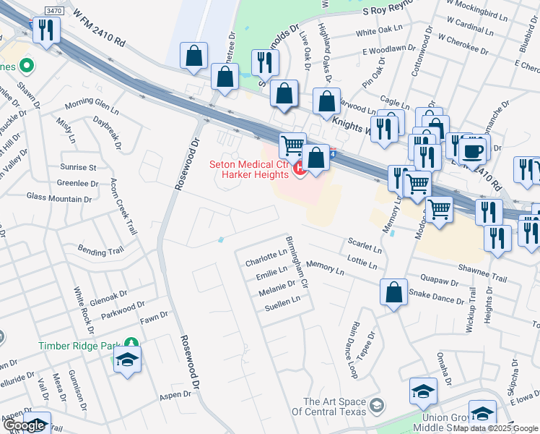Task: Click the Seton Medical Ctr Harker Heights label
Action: [x=248, y=169]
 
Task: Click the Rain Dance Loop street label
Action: [x=353, y=351]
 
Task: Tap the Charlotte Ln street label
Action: [x=266, y=258]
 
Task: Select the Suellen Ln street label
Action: [x=282, y=302]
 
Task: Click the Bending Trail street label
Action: [x=101, y=252]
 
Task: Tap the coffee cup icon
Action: [x=474, y=151]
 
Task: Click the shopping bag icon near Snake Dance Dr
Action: [x=393, y=293]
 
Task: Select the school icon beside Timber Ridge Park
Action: [x=127, y=359]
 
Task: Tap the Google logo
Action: [x=25, y=426]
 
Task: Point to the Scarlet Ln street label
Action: [x=365, y=246]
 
